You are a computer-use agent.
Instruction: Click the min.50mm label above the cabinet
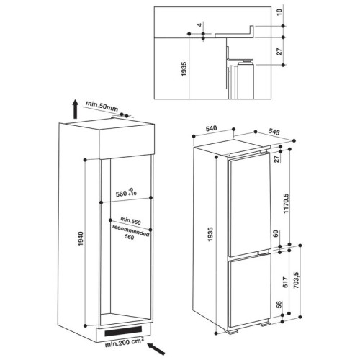coord(102,107)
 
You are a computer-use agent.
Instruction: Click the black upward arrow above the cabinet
coord(76,109)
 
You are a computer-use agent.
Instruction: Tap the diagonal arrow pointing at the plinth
coord(156,348)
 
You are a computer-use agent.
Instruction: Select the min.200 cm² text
coord(125,343)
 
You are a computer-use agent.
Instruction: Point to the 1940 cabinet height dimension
coord(81,238)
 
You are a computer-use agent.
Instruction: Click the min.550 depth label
coord(130,221)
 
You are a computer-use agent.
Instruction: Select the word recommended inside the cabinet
coord(131,230)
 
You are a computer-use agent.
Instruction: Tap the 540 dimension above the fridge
coord(212,129)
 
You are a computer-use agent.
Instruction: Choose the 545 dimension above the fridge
coord(274,132)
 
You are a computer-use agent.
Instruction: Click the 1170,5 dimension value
coord(287,203)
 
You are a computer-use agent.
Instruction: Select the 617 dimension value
coord(285,282)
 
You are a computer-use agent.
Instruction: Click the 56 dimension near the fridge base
coord(279,305)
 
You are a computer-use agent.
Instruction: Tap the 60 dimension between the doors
coord(276,233)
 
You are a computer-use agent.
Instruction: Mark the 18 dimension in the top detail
coord(279,12)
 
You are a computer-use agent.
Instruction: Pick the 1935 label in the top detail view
coord(184,69)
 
